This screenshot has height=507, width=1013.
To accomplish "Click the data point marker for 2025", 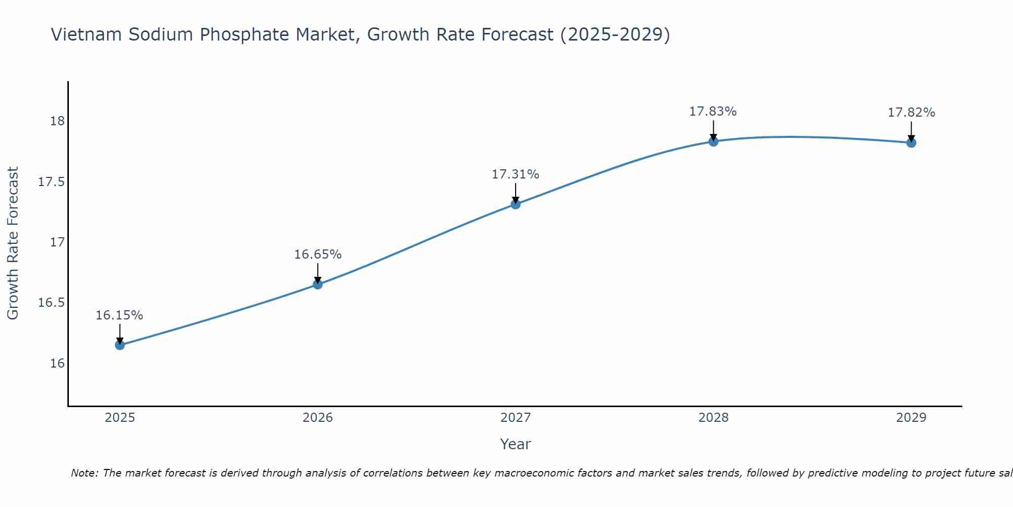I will pyautogui.click(x=120, y=345).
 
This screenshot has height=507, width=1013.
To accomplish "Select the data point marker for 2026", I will pyautogui.click(x=318, y=284).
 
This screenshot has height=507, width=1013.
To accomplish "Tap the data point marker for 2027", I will pyautogui.click(x=516, y=204).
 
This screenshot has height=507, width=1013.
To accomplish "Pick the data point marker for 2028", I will pyautogui.click(x=713, y=141).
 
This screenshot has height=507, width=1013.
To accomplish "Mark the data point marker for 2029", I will pyautogui.click(x=911, y=143).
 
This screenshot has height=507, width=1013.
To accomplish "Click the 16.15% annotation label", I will pyautogui.click(x=120, y=315).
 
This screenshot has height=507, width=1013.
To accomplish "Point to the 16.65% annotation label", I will pyautogui.click(x=318, y=255).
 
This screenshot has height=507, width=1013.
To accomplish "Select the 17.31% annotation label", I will pyautogui.click(x=516, y=174).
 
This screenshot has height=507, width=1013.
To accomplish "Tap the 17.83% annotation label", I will pyautogui.click(x=713, y=112).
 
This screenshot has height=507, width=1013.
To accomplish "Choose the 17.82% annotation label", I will pyautogui.click(x=911, y=113).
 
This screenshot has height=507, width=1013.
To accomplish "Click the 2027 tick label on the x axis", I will pyautogui.click(x=516, y=418).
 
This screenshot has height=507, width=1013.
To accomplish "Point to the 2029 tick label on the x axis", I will pyautogui.click(x=911, y=418).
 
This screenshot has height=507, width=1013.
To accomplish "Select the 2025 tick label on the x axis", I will pyautogui.click(x=120, y=418).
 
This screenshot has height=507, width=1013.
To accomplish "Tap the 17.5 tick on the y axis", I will pyautogui.click(x=52, y=182).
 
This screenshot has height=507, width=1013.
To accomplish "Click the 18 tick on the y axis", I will pyautogui.click(x=57, y=121).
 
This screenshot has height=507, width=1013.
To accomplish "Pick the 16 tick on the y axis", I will pyautogui.click(x=57, y=364).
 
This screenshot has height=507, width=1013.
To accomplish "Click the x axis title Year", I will pyautogui.click(x=516, y=444).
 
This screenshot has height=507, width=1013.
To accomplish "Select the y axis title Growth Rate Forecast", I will pyautogui.click(x=13, y=243).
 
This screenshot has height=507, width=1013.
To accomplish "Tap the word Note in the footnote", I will pyautogui.click(x=84, y=473).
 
